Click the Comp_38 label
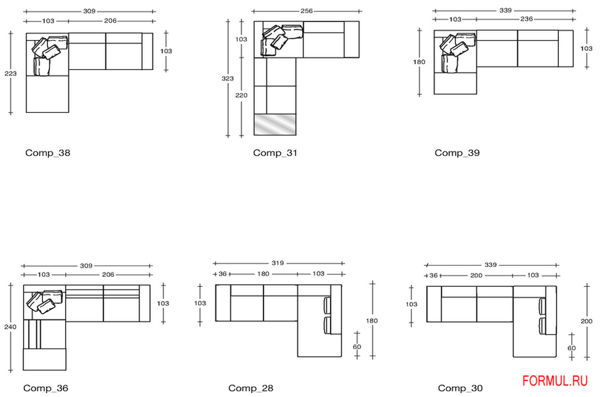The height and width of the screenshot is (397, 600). coord(48,153)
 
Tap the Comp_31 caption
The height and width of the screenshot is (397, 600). coord(275,153)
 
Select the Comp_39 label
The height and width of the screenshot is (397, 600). coord(457,153)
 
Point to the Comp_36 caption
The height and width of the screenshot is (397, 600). coord(45,388)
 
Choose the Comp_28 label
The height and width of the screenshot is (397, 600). coord(251,388)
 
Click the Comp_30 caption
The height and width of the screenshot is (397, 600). coord(460,388)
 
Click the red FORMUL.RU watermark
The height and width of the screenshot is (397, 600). coord(555,381)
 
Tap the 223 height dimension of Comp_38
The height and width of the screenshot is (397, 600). coord(10,73)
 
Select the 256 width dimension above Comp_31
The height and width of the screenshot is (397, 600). coord(307,11)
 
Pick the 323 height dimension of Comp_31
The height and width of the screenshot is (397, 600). coord(228,79)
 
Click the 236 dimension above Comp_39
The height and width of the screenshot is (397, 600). coord(527,19)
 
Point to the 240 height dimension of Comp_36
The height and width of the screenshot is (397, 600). coord(10,327)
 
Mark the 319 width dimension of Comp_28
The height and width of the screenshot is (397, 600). coord(278,263)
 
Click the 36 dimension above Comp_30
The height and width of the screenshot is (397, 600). coord(433,276)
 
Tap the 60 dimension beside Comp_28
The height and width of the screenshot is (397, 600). coord(357,346)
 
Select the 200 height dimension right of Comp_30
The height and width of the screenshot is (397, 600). coord(587,322)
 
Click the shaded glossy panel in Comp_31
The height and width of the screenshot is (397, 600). coord(275,124)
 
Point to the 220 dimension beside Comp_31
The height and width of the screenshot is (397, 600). coord(241,95)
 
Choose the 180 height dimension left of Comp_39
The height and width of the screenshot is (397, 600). coord(419,61)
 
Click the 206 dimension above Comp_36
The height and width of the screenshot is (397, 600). coord(108,274)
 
